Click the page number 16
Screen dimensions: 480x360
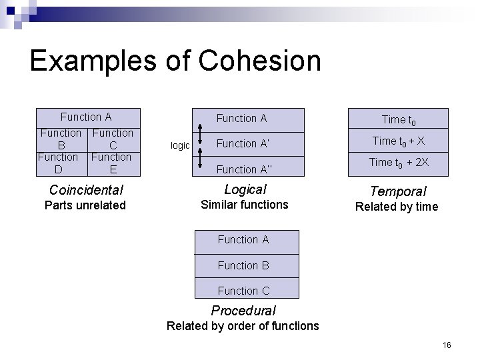[447, 345]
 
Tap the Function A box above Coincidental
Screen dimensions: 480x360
[86, 117]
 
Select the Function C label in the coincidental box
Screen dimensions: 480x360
[113, 139]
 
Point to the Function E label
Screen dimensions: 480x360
[111, 163]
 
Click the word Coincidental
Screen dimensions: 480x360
[85, 189]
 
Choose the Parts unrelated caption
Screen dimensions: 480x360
[85, 205]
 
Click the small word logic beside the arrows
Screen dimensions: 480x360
[180, 145]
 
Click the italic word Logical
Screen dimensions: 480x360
[245, 189]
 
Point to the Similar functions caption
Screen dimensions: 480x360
[245, 205]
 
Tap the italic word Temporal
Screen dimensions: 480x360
[398, 192]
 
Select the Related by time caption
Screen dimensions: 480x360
[397, 207]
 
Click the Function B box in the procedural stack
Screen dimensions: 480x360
[243, 265]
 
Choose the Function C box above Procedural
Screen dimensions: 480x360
[243, 291]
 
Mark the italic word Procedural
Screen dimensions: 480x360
[243, 311]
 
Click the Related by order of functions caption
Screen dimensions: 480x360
[243, 326]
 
